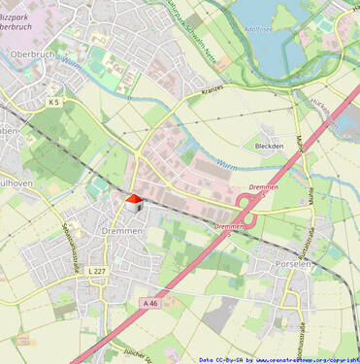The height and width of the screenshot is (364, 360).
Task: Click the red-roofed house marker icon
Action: click(133, 202)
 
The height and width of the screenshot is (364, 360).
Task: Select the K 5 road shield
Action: click(53, 101)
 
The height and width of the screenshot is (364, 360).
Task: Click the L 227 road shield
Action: click(96, 271)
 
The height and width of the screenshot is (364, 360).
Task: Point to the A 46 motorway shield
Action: click(149, 304)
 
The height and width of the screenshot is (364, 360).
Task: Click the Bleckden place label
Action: click(269, 147)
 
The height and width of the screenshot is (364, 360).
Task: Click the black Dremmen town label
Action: click(122, 231)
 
